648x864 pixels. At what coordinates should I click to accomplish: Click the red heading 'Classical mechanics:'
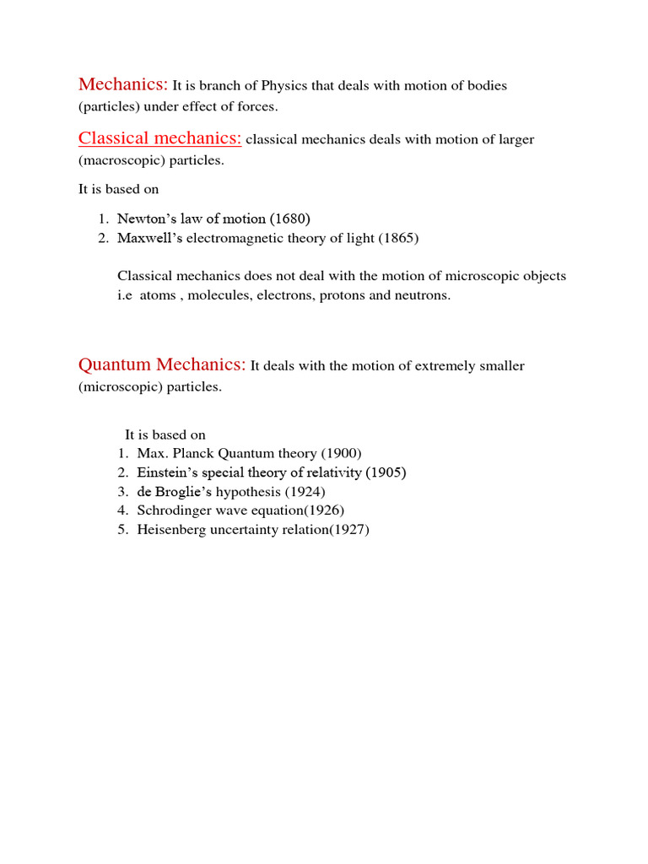point(160,138)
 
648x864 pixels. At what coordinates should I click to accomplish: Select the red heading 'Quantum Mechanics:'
point(162,364)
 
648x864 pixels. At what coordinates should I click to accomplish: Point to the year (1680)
point(295,219)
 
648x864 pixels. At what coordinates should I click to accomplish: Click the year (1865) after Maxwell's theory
point(398,238)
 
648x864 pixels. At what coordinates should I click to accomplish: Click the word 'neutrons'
point(424,296)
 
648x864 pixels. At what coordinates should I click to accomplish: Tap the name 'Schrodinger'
point(174,510)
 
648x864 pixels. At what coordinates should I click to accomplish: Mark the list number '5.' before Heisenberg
point(122,530)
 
